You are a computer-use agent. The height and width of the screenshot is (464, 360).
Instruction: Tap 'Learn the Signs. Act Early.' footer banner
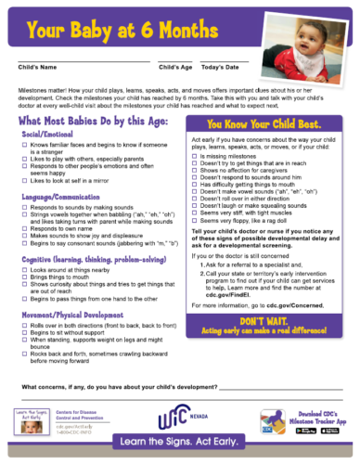tap(180, 448)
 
